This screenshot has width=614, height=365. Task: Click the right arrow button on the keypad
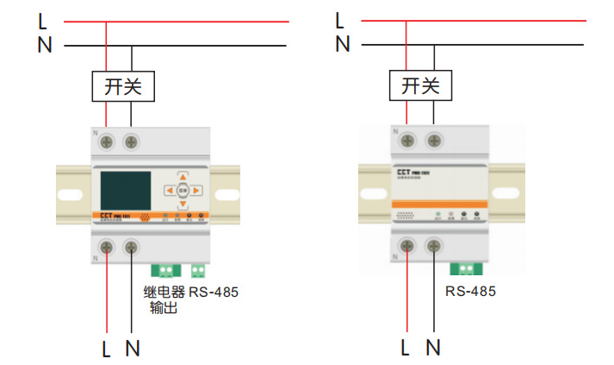[197, 190]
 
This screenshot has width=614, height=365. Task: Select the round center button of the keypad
[183, 190]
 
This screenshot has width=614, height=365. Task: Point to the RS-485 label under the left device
[214, 292]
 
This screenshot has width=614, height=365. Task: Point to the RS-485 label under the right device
[470, 292]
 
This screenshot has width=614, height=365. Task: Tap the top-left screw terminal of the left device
[107, 141]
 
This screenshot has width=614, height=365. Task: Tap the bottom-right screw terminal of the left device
[131, 249]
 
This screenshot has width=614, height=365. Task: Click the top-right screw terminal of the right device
[435, 139]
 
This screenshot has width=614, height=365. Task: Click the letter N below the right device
[433, 348]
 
